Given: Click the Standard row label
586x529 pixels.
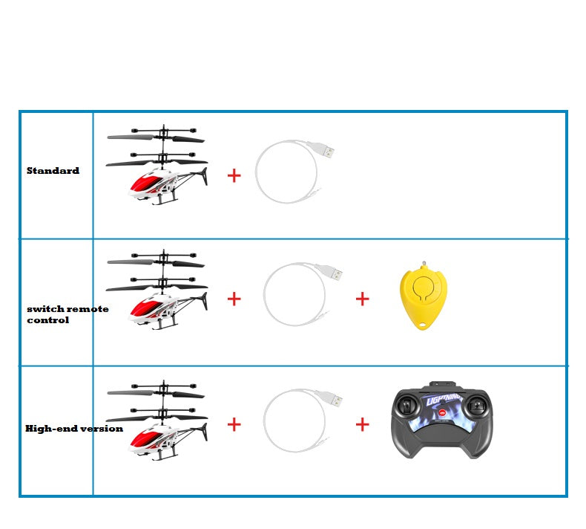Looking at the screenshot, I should (x=53, y=171).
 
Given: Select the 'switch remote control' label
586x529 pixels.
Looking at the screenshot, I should (x=67, y=314).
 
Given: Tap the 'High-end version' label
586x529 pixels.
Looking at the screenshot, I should (x=73, y=429).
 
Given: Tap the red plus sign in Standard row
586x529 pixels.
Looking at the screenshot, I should (x=234, y=175).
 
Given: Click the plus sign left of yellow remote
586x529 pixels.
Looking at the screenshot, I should (x=362, y=299).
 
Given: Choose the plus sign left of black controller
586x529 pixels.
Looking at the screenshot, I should (x=362, y=424).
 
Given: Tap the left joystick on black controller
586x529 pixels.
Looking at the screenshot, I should (x=406, y=407).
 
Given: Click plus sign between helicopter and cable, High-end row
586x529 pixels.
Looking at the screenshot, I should (x=234, y=424).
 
